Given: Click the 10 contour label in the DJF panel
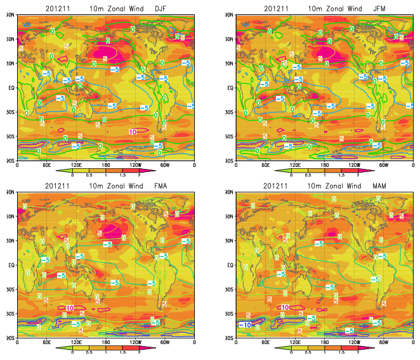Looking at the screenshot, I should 132,131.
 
